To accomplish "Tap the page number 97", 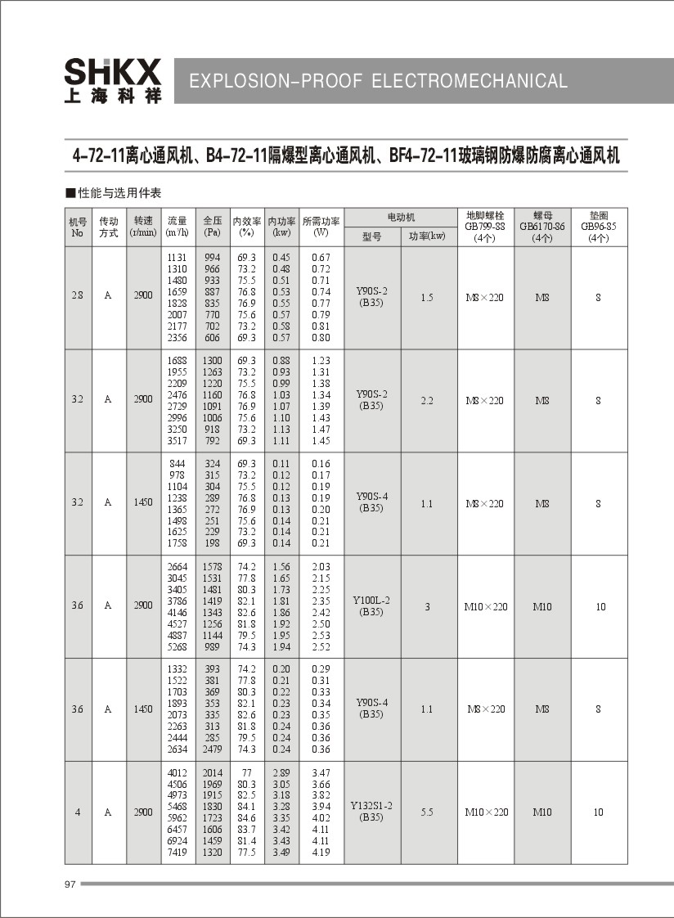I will click(x=69, y=884).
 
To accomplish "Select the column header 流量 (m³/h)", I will click(x=177, y=226).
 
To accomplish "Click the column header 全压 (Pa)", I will click(x=213, y=226).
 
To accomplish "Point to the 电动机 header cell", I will click(x=400, y=217).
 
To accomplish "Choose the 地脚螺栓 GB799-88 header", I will click(x=485, y=226).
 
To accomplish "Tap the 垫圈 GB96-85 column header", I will click(x=599, y=226).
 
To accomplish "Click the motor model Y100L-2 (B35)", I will click(x=371, y=605).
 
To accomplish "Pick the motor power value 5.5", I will click(x=427, y=812).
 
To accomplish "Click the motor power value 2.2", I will click(x=427, y=401).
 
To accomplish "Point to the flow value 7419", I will click(x=177, y=852).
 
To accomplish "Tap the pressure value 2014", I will click(x=213, y=772).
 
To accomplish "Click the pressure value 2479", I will click(x=213, y=749).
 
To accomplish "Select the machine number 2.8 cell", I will click(x=77, y=298).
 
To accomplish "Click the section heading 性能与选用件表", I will click(x=119, y=193).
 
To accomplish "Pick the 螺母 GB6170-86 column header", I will click(x=542, y=226).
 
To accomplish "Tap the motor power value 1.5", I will click(x=427, y=298).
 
